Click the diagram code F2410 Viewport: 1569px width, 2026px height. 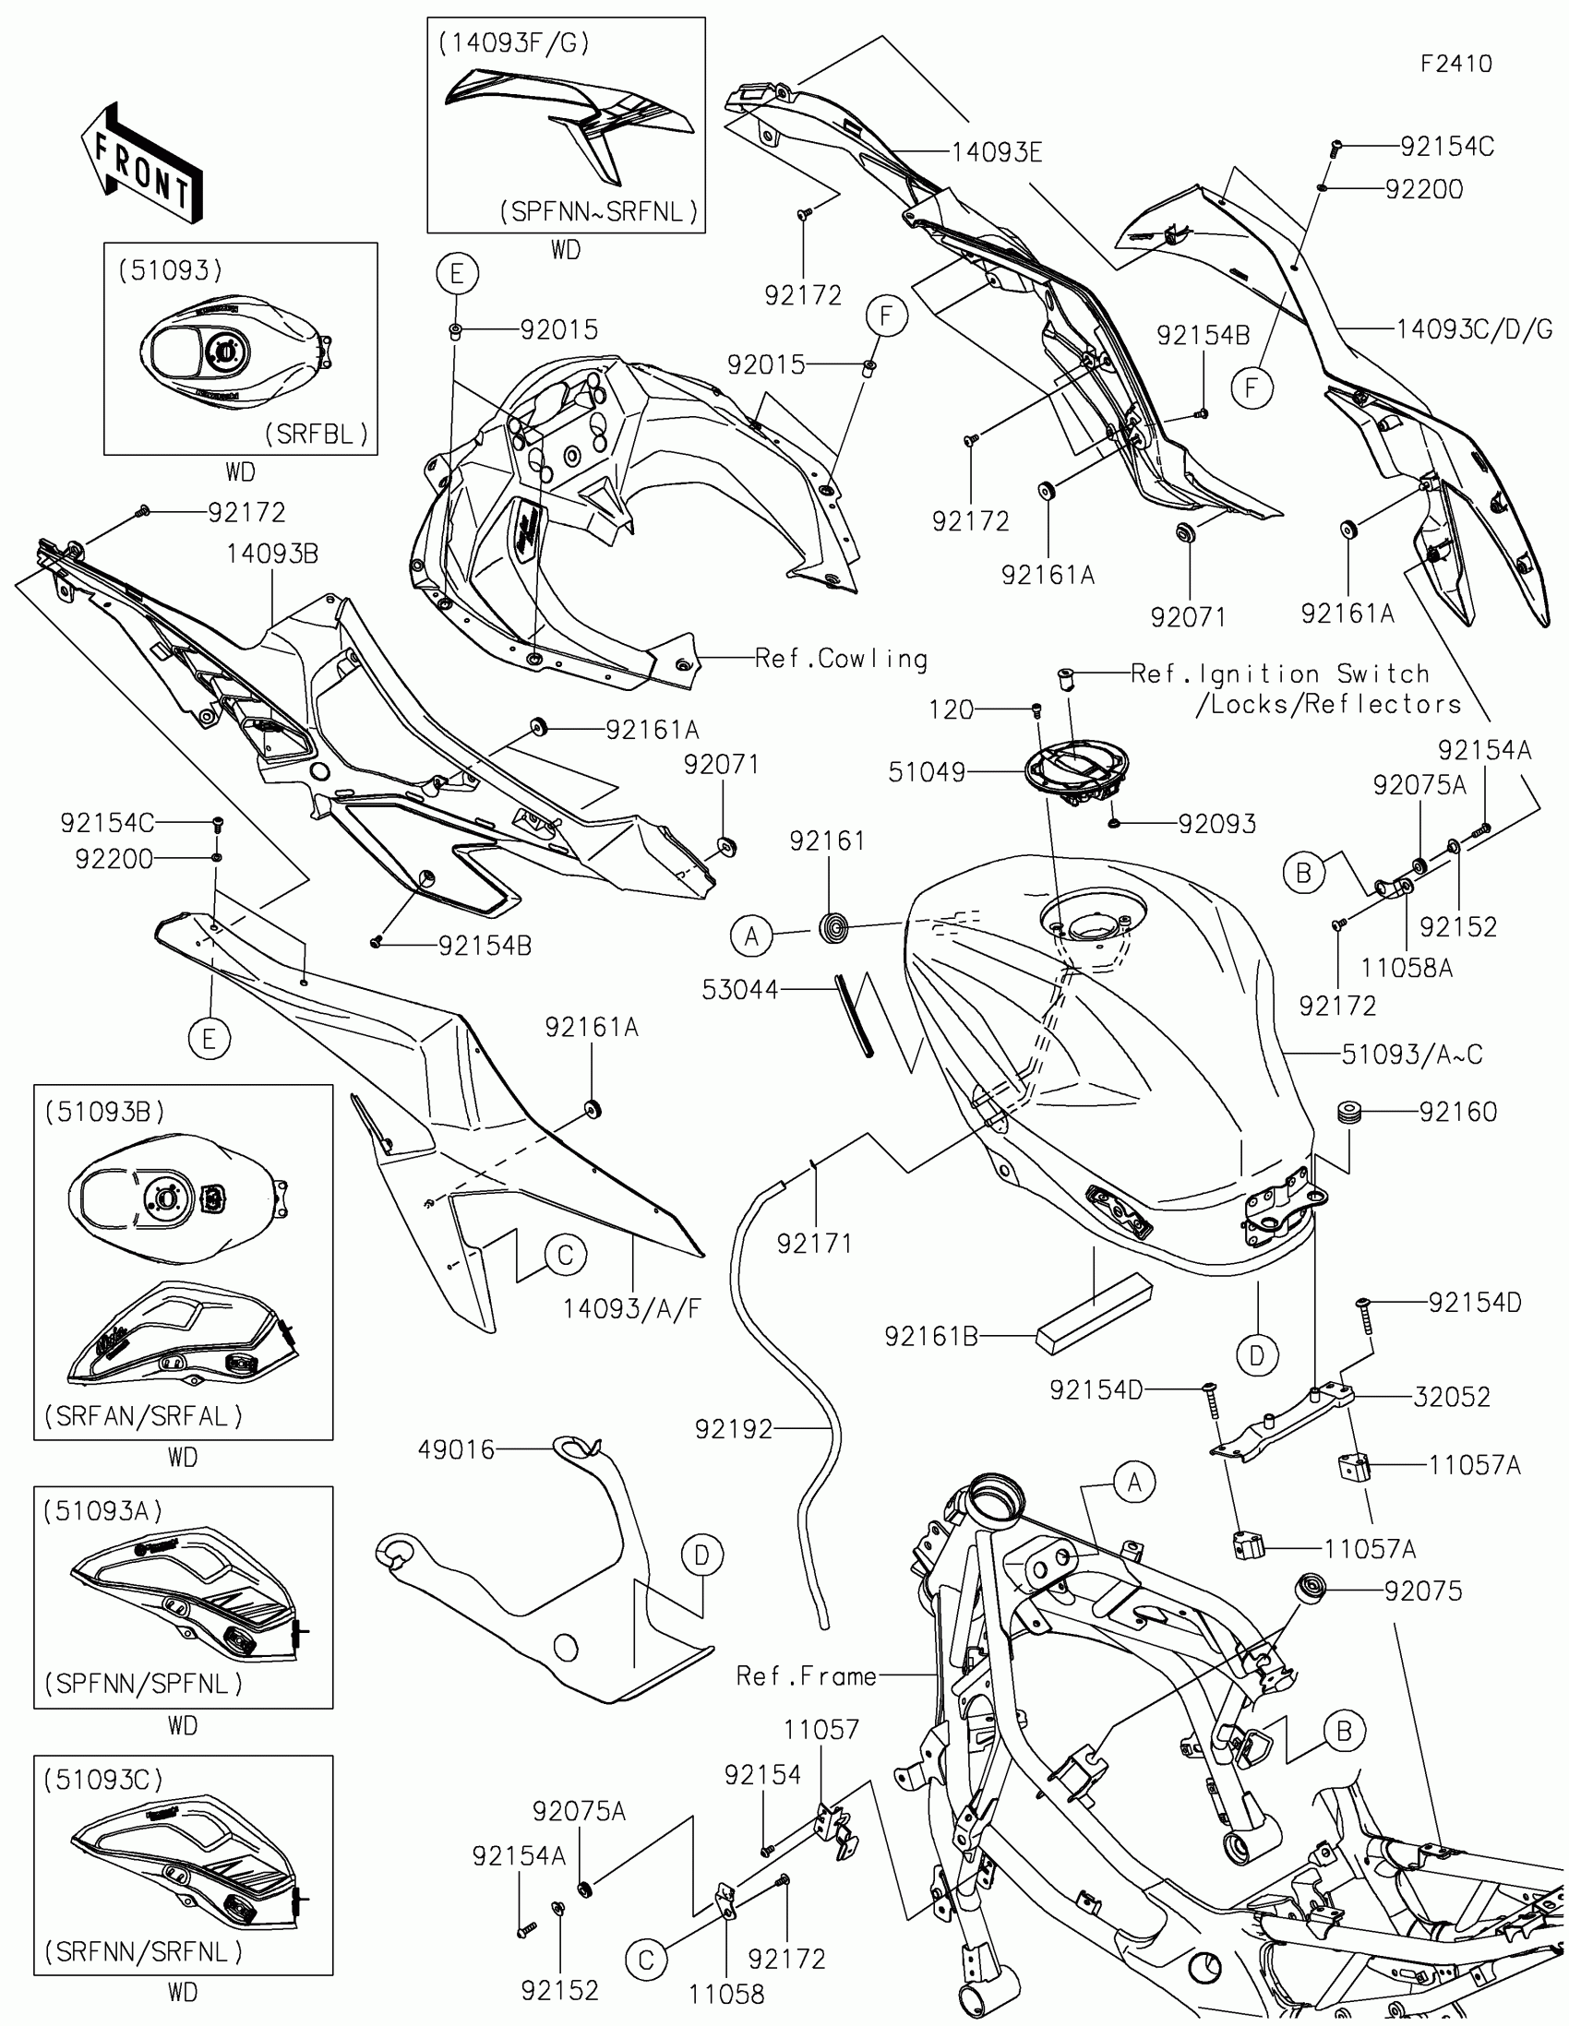pos(1455,64)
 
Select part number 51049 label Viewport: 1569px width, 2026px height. pos(926,772)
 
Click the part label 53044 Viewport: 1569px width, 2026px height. pos(739,990)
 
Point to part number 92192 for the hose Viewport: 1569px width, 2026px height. pos(733,1429)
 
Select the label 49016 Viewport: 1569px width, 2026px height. pos(456,1449)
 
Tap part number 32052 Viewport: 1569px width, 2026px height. pos(1451,1397)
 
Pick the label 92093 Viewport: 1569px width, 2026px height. pos(1216,824)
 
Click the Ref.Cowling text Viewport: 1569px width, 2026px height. pos(841,659)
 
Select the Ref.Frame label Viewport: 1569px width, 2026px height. pos(806,1676)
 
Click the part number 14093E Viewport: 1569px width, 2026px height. pos(997,152)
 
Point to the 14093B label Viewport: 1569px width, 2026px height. pos(272,554)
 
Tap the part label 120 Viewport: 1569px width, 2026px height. pos(951,709)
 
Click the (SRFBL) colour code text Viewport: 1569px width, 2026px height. pos(317,435)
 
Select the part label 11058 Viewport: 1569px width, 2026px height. pos(726,1994)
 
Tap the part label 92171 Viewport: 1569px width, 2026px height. pos(814,1243)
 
